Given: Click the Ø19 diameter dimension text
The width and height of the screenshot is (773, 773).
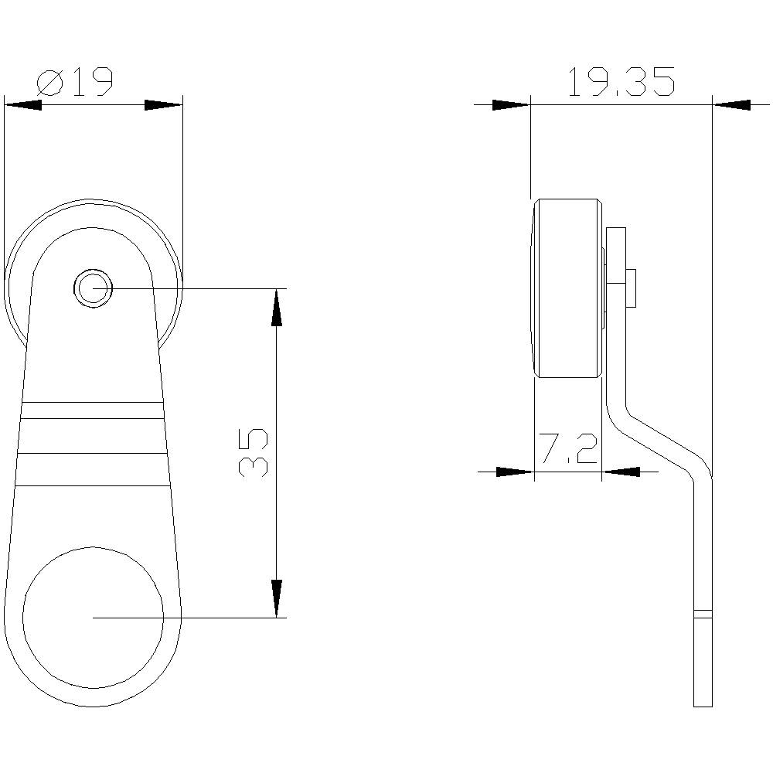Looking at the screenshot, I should (75, 81).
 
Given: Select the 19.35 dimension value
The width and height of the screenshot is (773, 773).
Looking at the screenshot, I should (621, 82).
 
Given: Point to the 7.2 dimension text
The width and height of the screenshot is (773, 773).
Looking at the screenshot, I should (568, 449).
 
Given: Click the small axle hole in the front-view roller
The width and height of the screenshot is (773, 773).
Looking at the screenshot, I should (94, 288).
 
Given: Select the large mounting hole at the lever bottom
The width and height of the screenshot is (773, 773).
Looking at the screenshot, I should (94, 617).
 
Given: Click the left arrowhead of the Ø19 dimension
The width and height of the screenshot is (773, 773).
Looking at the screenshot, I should (22, 105).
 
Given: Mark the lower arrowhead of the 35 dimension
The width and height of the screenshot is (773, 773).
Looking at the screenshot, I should (276, 598).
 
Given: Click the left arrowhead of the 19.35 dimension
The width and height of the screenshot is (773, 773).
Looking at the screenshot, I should (511, 104).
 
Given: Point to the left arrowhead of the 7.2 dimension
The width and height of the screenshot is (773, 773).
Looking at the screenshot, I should (515, 471).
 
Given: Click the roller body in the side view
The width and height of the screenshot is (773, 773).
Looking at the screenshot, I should (567, 288).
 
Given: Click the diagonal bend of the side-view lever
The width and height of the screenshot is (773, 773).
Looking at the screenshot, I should (661, 444).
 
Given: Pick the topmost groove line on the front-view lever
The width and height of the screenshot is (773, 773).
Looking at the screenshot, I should (93, 403).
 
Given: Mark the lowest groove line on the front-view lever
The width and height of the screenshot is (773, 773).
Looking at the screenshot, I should (93, 485).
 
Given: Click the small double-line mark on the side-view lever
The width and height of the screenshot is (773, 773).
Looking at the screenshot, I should (702, 615).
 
